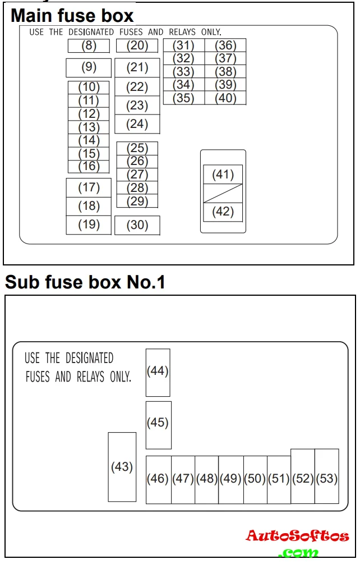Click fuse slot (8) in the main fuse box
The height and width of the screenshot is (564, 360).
89,46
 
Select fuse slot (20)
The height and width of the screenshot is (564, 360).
137,46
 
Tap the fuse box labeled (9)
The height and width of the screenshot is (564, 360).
89,67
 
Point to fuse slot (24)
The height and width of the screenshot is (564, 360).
137,124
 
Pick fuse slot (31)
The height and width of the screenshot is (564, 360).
183,45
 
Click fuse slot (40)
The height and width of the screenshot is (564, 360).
225,98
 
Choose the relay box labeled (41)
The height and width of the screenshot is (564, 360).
223,175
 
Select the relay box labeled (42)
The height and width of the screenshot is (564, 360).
223,212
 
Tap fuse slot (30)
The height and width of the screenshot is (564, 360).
137,226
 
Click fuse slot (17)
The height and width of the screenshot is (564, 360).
89,187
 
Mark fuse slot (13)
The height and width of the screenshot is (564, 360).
89,127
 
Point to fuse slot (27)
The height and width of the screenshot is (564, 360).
137,175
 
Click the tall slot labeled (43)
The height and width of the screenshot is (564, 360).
122,467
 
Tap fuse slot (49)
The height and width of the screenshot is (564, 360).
230,479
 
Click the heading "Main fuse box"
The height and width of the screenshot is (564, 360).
72,15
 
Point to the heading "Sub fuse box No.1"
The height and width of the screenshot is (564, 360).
85,282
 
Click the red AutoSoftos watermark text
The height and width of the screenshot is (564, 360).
297,537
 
